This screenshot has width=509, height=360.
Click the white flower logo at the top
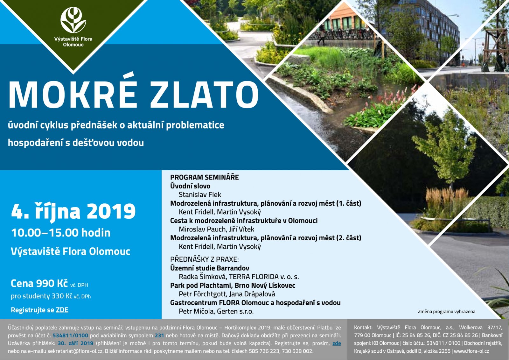[x=73, y=20]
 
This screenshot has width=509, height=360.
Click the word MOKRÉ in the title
[x=73, y=94]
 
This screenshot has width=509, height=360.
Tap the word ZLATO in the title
[x=204, y=95]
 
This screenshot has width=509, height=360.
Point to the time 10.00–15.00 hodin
[x=61, y=233]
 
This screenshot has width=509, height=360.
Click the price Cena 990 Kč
[x=39, y=283]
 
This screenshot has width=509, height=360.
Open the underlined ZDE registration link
[x=62, y=310]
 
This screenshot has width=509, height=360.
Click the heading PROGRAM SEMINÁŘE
[x=205, y=177]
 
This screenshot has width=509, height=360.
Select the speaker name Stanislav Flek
[x=200, y=195]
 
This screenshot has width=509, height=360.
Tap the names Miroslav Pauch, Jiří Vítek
[x=216, y=229]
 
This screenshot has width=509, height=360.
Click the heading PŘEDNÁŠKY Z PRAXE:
[x=205, y=259]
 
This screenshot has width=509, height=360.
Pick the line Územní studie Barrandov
[x=210, y=268]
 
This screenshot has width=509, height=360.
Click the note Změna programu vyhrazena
[x=447, y=312]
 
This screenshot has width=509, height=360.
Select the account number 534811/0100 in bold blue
[x=70, y=335]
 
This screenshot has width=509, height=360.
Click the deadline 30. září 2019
[x=75, y=343]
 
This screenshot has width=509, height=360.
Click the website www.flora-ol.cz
[x=471, y=351]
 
